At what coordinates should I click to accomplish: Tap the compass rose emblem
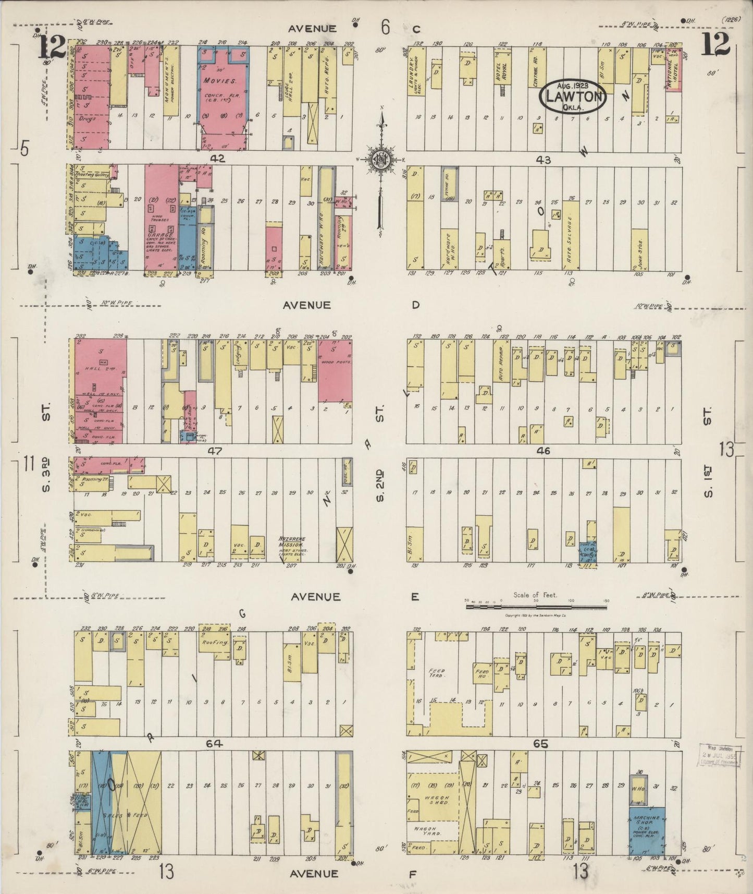point(381,160)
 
